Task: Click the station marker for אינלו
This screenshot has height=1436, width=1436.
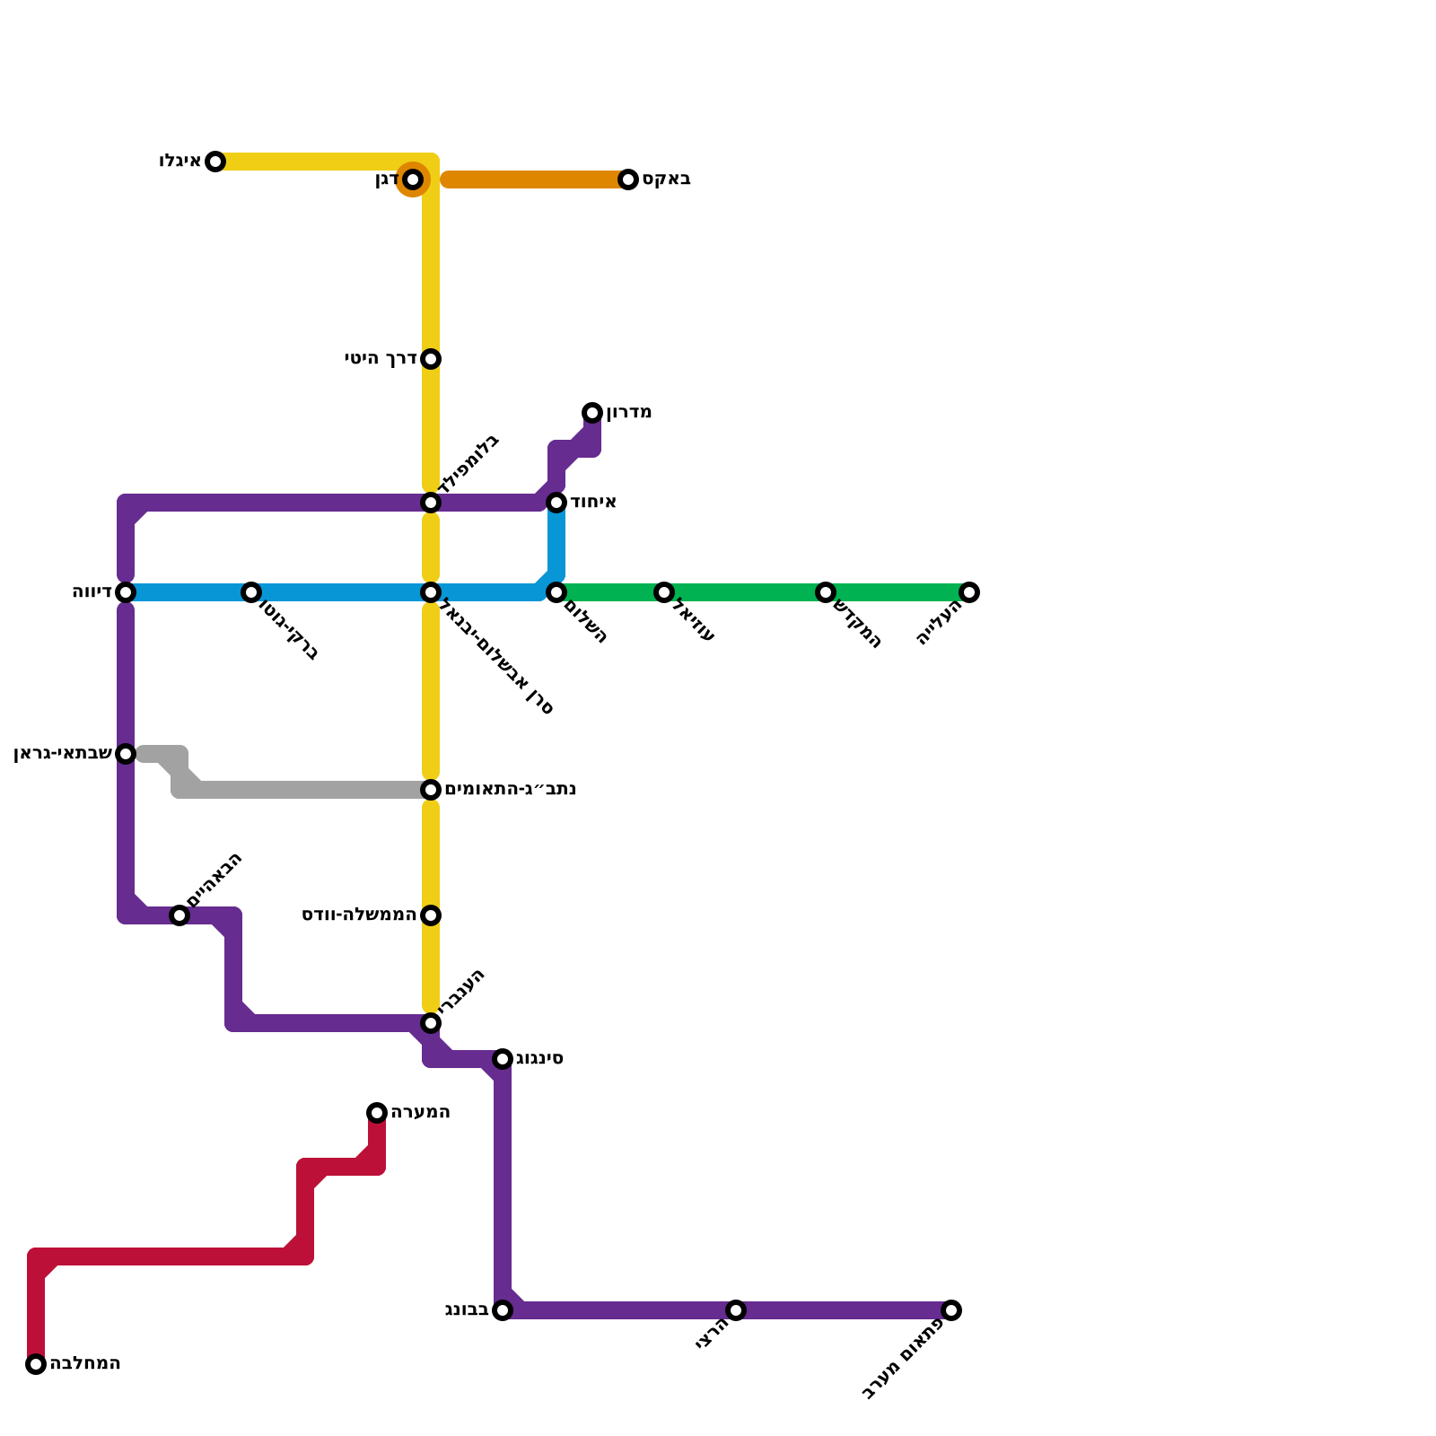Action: tap(215, 162)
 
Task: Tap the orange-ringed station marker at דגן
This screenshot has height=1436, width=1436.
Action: tap(413, 179)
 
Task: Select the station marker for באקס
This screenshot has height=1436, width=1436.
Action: tap(628, 179)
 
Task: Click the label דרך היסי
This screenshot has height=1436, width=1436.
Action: tap(381, 359)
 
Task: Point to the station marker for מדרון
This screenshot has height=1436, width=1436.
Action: tap(592, 413)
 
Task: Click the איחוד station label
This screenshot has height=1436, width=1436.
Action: tap(593, 503)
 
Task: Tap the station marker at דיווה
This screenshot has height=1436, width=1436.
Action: tap(126, 592)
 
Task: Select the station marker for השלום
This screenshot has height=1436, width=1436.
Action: tap(556, 592)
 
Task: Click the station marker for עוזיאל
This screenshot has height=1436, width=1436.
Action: tap(664, 592)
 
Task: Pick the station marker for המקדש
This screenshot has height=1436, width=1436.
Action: tap(826, 592)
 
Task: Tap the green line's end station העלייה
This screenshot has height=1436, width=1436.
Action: tap(969, 592)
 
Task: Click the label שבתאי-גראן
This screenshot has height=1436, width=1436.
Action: tap(62, 754)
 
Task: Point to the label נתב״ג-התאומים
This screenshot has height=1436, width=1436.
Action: tap(511, 790)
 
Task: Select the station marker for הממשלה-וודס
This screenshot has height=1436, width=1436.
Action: tap(431, 915)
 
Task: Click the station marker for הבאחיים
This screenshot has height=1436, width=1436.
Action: tap(179, 915)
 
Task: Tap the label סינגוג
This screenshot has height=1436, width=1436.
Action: tap(538, 1059)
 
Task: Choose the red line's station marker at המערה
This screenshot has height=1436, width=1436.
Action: tap(377, 1113)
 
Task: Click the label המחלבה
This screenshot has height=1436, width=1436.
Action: tap(84, 1364)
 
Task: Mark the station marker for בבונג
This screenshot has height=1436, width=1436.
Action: tap(503, 1310)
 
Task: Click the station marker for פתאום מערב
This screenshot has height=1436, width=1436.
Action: tap(951, 1310)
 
